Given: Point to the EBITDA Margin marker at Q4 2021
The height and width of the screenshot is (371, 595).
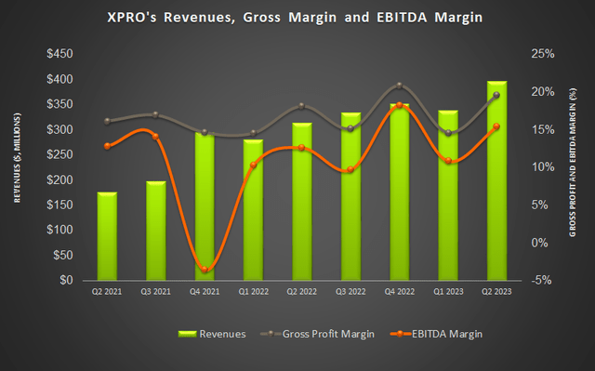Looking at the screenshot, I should [x=205, y=270].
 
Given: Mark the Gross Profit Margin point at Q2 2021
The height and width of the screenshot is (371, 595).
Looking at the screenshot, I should [x=109, y=121].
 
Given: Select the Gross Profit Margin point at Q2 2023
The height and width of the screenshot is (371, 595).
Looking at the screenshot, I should [x=496, y=95].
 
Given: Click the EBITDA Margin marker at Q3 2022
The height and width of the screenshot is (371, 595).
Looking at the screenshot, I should [x=350, y=170].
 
